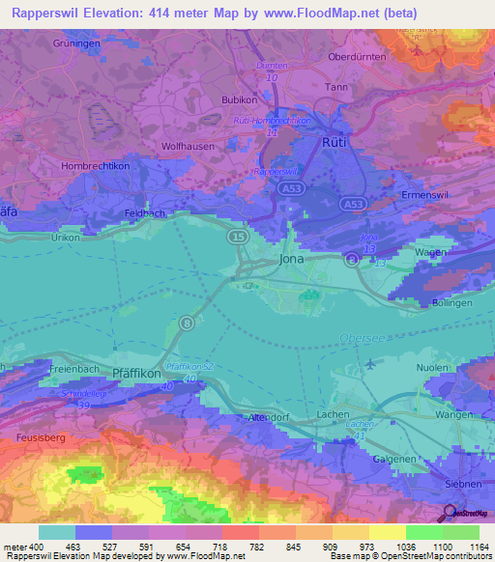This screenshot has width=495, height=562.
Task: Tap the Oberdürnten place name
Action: click(358, 57)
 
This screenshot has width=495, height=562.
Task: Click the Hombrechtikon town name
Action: click(69, 166)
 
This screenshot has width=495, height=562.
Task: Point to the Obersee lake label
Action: click(362, 337)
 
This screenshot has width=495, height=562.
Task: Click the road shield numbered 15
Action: click(237, 236)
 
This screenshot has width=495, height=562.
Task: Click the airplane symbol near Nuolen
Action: click(374, 363)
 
